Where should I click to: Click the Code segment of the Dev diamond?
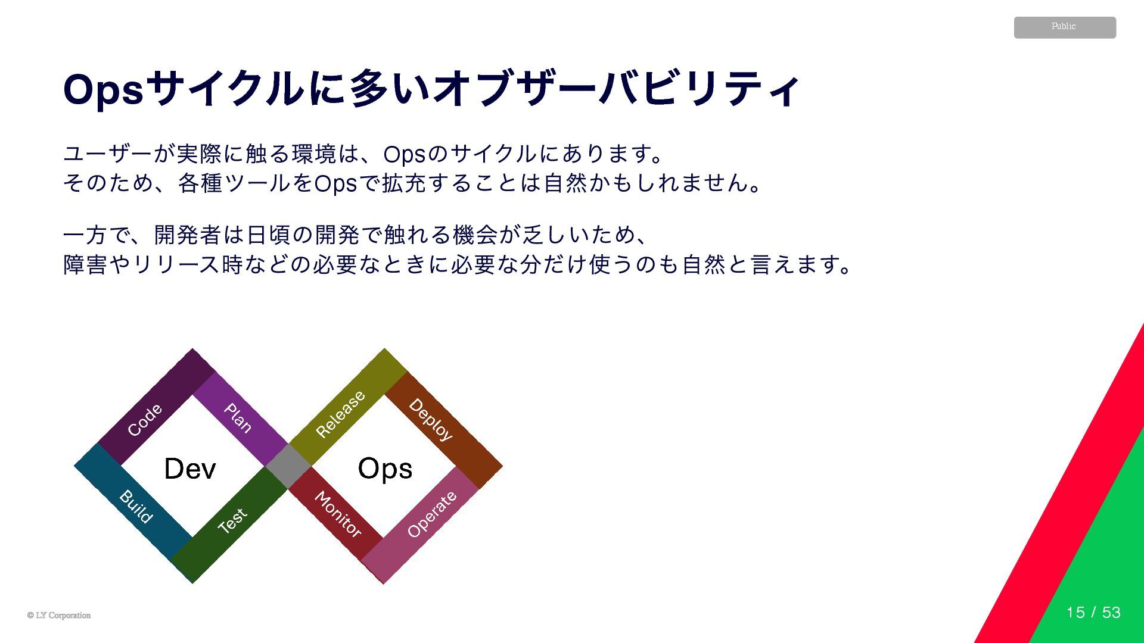coord(145,420)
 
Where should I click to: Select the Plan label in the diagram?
coord(238,417)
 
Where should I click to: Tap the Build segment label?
coord(136,507)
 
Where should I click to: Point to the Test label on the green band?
coord(232,520)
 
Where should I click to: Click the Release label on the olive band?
coord(340,414)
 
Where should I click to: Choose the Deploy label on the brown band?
coord(430,420)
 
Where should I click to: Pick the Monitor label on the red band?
coord(338,514)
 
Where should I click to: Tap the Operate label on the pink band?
coord(432,514)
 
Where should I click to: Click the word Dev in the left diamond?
coord(189,469)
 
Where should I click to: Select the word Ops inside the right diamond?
coord(385,469)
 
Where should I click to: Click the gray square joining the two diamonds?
coord(289,466)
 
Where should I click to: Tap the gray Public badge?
coord(1065,27)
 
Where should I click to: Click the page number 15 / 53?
coord(1093,612)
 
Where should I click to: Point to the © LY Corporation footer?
coord(59,615)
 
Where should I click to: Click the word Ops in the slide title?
coord(103,90)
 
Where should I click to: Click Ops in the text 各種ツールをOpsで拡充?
coord(335,183)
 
